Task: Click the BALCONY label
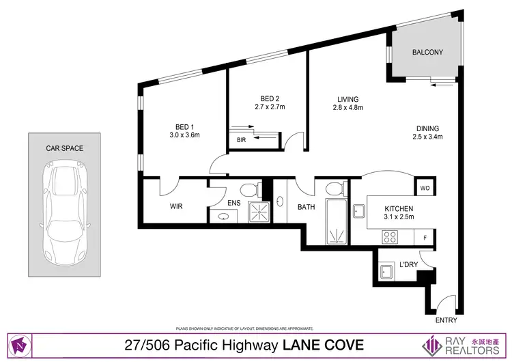click(427, 52)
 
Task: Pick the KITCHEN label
click(399, 208)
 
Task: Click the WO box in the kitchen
click(424, 187)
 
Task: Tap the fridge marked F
click(425, 238)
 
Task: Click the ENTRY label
click(445, 320)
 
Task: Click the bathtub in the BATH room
click(336, 223)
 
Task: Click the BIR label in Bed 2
click(241, 140)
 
